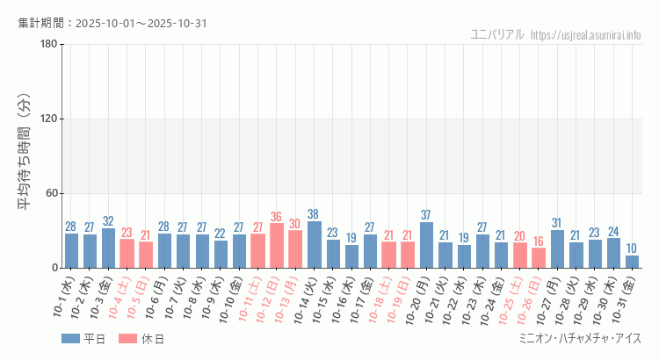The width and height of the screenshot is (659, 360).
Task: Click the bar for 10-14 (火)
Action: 314,245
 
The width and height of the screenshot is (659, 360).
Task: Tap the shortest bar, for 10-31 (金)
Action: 632,262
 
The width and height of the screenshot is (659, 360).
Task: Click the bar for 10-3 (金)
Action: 108,248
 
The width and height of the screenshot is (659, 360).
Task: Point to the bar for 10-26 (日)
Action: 539,258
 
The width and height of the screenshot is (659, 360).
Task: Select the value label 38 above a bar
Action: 314,214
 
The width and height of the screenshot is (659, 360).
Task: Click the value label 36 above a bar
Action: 277,217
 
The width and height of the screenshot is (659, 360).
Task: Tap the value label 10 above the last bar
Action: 632,249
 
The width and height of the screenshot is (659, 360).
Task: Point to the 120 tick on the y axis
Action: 48,119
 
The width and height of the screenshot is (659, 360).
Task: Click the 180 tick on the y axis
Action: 48,45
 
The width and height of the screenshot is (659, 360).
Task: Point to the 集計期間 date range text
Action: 112,23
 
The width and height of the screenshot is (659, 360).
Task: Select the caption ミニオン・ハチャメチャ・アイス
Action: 581,339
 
